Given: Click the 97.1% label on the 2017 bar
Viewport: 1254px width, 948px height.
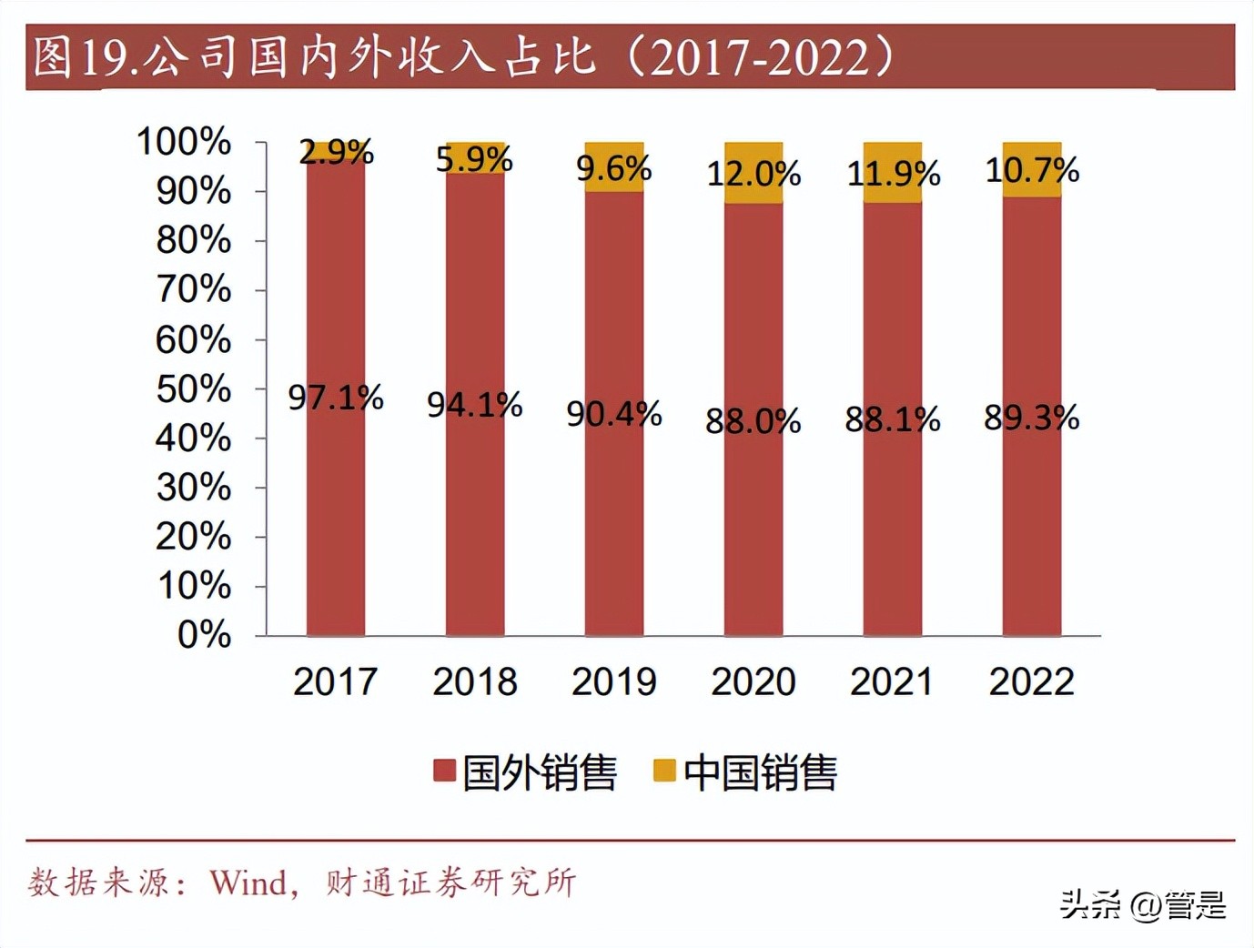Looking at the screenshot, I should (x=335, y=398).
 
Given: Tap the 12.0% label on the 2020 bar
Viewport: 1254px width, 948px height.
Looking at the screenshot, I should (x=753, y=173).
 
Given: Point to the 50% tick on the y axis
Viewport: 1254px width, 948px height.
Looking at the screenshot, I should (x=194, y=389).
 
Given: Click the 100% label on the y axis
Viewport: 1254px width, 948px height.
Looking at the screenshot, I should (x=184, y=142).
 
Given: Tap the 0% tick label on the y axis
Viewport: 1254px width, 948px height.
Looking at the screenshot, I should (x=204, y=635).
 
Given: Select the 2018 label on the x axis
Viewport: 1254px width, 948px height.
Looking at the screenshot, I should (x=474, y=681).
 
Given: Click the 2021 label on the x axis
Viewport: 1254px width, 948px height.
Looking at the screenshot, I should (x=892, y=681).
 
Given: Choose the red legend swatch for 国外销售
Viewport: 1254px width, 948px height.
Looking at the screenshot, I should (x=444, y=772).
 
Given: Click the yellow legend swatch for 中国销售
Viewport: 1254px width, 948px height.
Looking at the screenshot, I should (x=664, y=772).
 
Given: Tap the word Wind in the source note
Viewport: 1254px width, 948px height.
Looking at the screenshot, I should (x=248, y=882).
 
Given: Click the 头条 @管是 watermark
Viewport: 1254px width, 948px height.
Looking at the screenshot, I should (x=1143, y=904).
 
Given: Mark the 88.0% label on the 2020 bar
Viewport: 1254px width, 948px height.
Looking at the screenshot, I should (x=753, y=420).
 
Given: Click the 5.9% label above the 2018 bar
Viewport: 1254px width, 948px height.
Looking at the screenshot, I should (x=474, y=159).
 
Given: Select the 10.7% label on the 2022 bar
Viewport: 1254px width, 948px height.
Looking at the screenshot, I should (x=1032, y=170).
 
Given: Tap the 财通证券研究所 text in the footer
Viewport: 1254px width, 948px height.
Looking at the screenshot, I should (x=450, y=882).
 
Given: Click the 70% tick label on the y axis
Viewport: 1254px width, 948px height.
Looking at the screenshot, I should (x=194, y=290).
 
